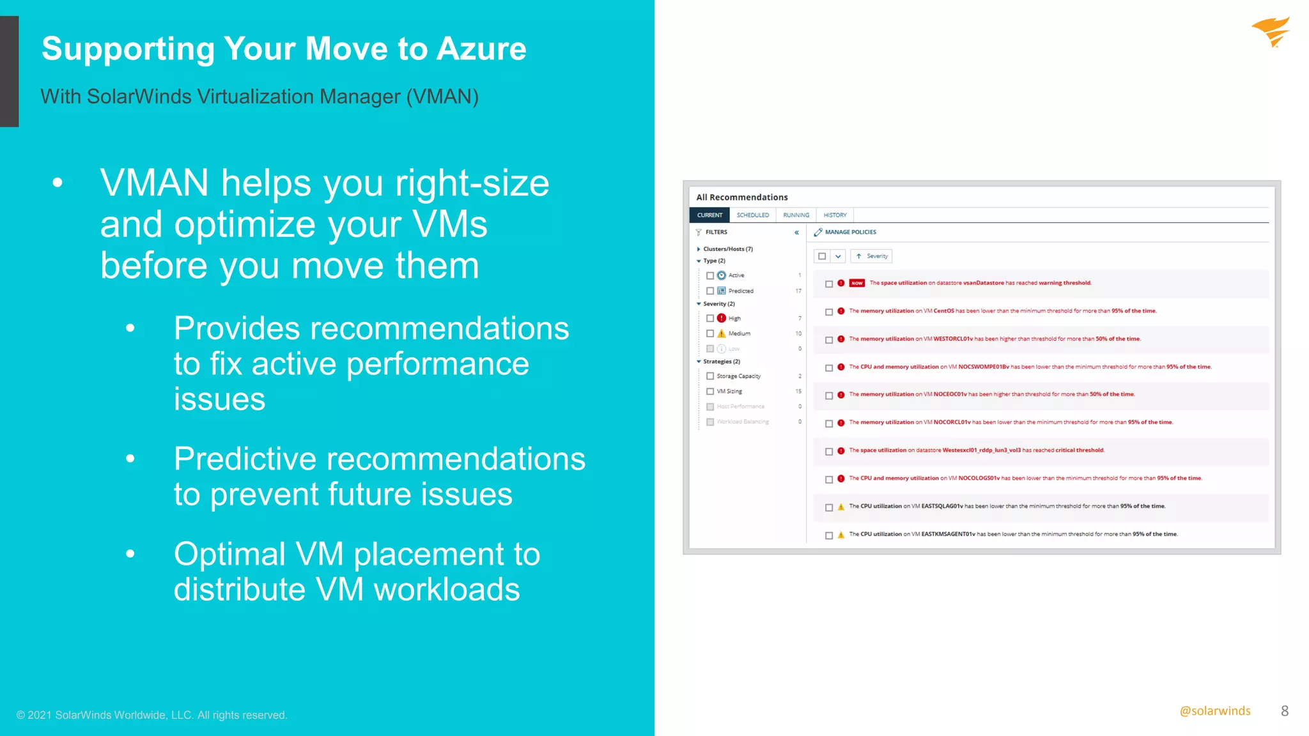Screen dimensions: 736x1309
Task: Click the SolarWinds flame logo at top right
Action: tap(1271, 32)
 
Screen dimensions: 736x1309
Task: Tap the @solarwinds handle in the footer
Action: tap(1214, 711)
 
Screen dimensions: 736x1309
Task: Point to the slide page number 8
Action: tap(1284, 711)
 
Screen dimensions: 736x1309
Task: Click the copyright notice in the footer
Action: tap(151, 715)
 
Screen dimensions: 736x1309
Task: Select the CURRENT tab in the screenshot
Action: tap(709, 215)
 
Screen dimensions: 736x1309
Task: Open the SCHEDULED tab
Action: tap(752, 215)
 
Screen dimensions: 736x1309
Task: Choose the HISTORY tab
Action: tap(835, 215)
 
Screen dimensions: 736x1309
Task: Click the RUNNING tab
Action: tap(796, 215)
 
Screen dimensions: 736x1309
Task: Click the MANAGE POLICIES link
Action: tap(849, 232)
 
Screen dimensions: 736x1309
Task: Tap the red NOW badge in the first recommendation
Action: tap(856, 283)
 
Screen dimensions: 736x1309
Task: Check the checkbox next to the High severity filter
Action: tap(709, 318)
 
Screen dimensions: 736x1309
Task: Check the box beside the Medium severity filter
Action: tap(709, 333)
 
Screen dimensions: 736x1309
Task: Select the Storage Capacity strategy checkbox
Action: tap(709, 376)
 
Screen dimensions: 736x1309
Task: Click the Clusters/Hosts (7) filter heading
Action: tap(727, 249)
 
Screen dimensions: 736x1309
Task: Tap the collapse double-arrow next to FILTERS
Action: tap(796, 233)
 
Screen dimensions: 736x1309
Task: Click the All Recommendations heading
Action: tap(741, 197)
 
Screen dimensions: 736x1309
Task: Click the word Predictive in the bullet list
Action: tap(245, 459)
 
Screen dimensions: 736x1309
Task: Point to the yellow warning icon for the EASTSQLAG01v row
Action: tap(841, 507)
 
